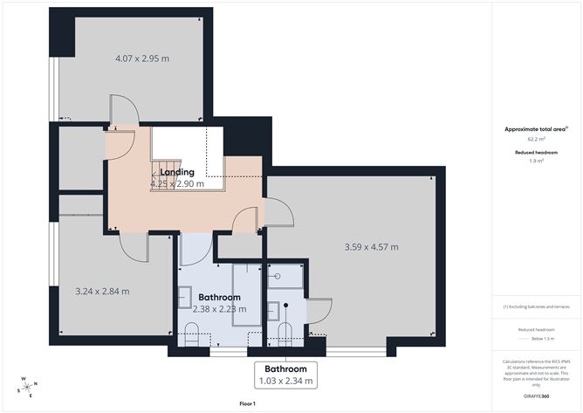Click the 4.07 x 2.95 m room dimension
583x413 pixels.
[142, 59]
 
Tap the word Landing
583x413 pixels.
[177, 172]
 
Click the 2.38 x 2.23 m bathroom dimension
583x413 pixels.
[219, 309]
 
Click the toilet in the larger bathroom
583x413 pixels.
[193, 333]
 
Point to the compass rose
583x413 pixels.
[28, 387]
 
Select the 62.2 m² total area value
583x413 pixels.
[536, 139]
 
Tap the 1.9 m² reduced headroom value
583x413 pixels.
[536, 161]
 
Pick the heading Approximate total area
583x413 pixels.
[535, 128]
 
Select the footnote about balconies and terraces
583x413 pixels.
[536, 306]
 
